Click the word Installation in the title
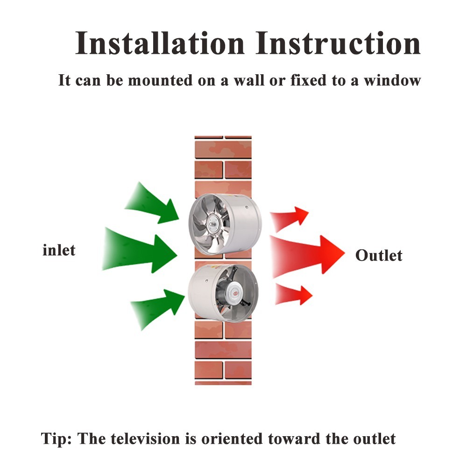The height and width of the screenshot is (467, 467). click(160, 43)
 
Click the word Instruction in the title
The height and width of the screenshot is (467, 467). click(338, 43)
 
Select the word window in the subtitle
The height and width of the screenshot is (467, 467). click(392, 80)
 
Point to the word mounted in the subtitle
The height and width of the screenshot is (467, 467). click(160, 80)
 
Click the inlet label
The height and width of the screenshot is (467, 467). click(59, 250)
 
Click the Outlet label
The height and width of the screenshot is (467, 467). click(379, 255)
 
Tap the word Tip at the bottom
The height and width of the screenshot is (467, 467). click(56, 439)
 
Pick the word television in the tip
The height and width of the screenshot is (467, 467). click(146, 439)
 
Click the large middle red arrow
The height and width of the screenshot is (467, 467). click(307, 255)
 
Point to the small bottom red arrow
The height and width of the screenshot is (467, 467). click(293, 295)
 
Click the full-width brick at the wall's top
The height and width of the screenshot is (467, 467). click(223, 150)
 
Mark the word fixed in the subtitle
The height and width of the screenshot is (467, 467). click(308, 80)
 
